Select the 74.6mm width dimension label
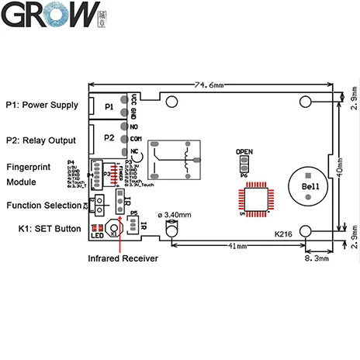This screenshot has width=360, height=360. coord(209,83)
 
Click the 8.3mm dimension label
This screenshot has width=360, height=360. coord(318,261)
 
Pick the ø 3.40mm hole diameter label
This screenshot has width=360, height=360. coord(178,213)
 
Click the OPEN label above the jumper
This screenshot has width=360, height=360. coord(244,151)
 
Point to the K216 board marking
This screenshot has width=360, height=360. coord(285,232)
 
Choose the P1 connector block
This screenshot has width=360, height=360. coord(107,106)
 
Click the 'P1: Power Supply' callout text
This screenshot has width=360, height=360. coord(41,105)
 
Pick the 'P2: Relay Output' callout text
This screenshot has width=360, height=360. coord(40,140)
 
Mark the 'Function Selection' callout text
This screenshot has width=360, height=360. coord(43,206)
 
